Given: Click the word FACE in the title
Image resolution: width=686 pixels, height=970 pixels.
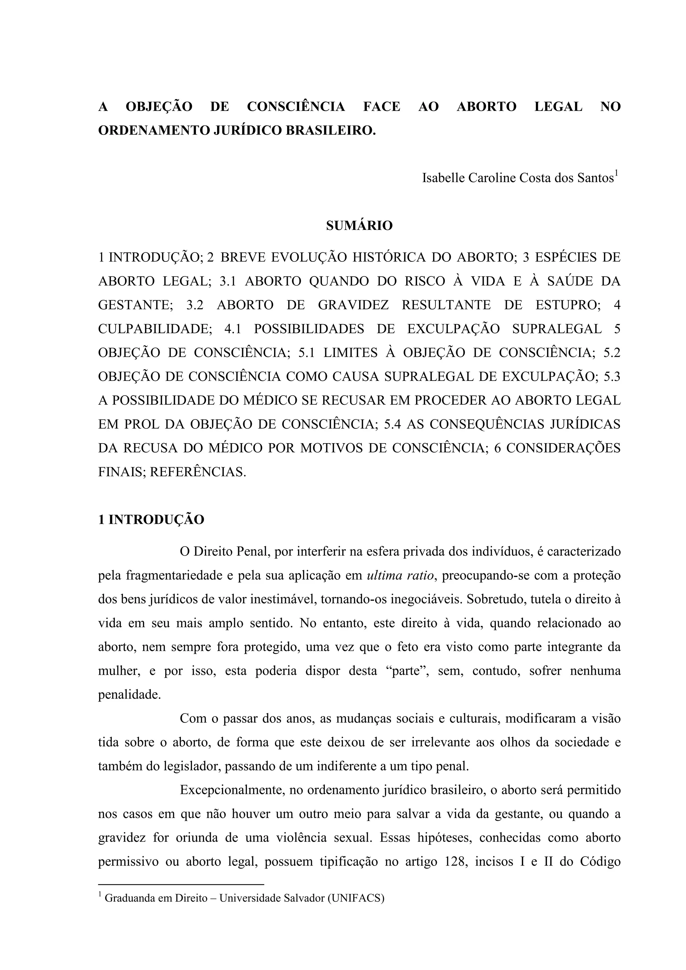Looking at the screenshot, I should [381, 106].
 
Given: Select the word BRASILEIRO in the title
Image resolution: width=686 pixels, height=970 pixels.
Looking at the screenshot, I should [329, 131].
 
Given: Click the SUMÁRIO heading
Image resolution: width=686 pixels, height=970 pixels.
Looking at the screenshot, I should [359, 226].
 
